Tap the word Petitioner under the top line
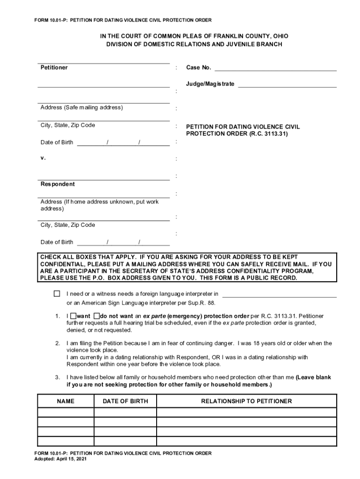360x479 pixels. point(54,68)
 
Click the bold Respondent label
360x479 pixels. point(58,184)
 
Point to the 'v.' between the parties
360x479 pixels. point(43,158)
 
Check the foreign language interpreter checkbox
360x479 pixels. point(57,294)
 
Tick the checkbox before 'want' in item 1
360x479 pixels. point(73,316)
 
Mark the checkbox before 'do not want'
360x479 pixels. point(97,316)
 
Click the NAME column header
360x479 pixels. point(66,401)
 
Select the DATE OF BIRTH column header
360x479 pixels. point(125,401)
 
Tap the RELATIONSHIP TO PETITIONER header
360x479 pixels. point(246,401)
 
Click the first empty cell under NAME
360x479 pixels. point(66,413)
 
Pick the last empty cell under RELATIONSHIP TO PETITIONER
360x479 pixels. point(246,441)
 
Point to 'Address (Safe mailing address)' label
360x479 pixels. point(81,108)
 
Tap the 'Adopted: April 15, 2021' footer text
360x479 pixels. point(61,459)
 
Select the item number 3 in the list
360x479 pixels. point(57,377)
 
